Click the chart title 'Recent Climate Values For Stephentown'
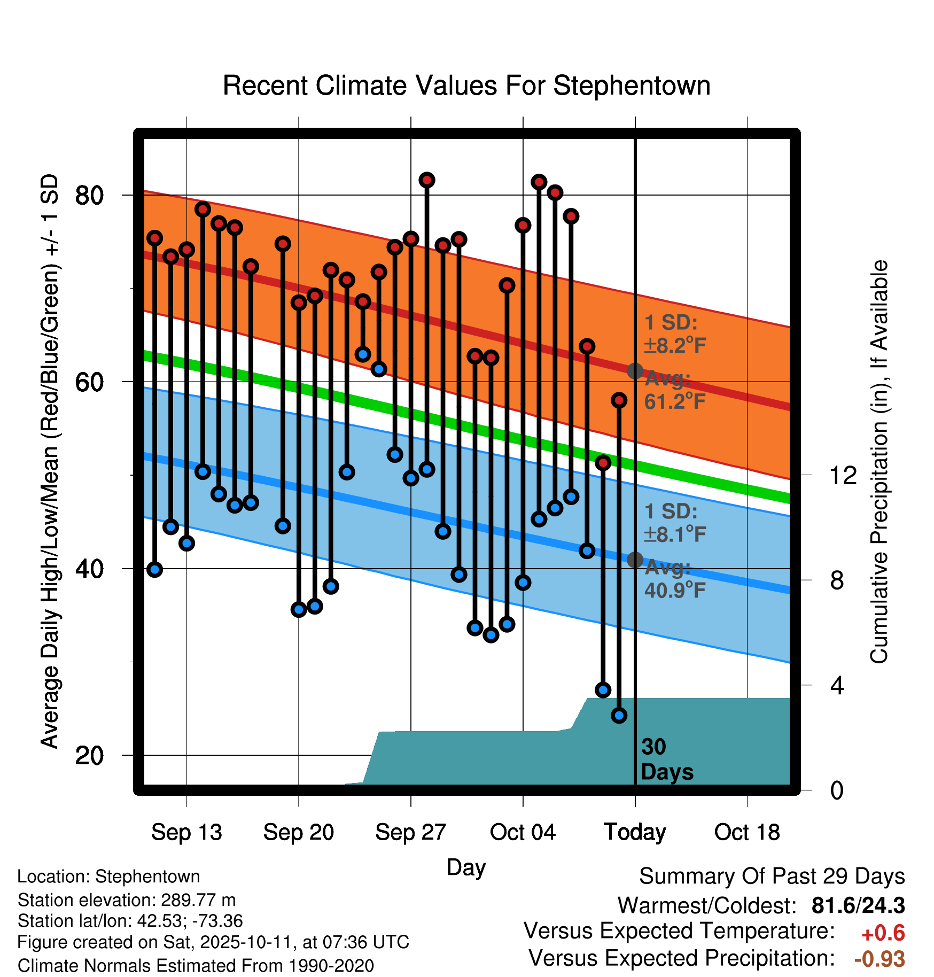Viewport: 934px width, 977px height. point(466,86)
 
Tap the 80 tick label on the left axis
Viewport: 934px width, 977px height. point(89,196)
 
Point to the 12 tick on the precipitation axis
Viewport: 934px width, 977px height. point(843,475)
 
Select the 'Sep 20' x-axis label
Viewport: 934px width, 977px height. point(298,832)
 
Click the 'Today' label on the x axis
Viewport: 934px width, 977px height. point(635,832)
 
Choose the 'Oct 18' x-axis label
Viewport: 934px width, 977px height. point(747,832)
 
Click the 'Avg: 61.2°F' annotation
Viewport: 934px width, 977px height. point(674,390)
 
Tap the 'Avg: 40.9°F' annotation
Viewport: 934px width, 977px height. point(674,579)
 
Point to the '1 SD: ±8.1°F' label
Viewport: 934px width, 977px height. point(674,523)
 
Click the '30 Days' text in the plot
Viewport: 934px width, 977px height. point(666,759)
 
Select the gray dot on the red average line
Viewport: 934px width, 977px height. point(635,371)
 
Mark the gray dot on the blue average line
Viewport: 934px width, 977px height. point(635,560)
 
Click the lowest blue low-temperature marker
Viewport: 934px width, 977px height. point(619,715)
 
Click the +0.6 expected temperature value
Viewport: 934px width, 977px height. point(883,933)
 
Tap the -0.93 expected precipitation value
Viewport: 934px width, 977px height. point(879,959)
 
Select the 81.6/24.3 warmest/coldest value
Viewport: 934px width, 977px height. point(858,905)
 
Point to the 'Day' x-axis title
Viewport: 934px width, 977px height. point(466,867)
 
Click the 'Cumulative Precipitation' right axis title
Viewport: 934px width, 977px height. point(879,462)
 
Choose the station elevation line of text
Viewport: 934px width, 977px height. point(127,900)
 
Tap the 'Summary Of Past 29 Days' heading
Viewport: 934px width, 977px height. point(772,877)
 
